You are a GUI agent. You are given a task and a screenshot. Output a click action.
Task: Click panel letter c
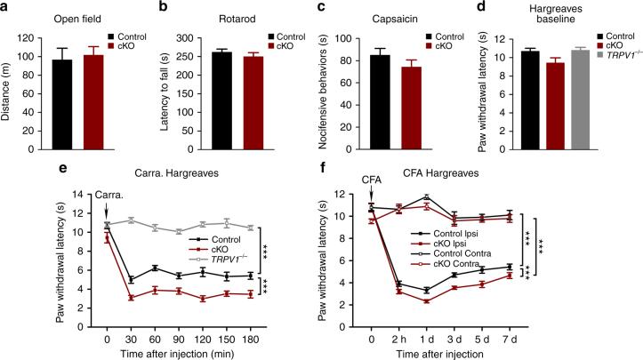coord(334,7)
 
